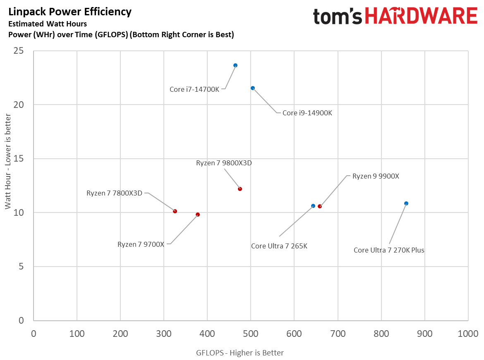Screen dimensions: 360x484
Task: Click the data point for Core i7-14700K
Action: point(235,65)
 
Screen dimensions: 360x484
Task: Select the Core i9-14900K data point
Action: point(253,88)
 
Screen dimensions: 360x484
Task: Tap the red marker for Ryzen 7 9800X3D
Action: point(240,189)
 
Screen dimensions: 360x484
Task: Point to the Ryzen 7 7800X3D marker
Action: point(175,211)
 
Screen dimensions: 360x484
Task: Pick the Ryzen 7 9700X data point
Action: point(198,215)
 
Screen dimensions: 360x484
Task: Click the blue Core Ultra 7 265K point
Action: point(313,206)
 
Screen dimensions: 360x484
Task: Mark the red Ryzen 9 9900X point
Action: point(320,206)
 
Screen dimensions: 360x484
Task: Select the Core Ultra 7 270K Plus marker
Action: point(406,203)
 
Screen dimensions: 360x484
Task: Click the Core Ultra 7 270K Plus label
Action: point(389,250)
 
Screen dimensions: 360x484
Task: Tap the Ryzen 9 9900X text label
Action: point(376,176)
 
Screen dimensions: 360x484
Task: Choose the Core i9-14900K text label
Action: point(307,113)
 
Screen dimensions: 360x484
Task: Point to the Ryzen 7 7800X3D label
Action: point(114,193)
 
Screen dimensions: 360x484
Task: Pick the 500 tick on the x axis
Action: point(251,334)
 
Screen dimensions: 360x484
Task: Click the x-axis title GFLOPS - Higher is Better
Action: point(240,353)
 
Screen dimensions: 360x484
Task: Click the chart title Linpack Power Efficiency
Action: point(70,12)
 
